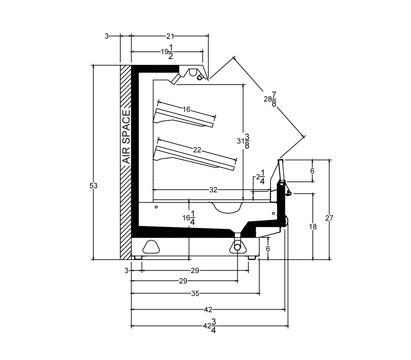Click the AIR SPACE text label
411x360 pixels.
pos(126,137)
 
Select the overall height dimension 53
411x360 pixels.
pos(94,186)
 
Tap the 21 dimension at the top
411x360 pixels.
pos(170,36)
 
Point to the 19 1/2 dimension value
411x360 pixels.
pos(167,52)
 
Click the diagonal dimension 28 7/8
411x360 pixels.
pos(270,99)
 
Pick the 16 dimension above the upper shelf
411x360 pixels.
pos(186,109)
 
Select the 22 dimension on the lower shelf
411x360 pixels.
pos(197,150)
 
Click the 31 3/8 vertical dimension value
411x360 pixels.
pos(243,141)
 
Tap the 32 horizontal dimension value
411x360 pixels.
pos(213,190)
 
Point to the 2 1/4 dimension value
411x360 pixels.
pos(261,177)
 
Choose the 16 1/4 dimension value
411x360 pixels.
pos(189,218)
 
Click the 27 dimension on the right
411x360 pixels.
pos(329,218)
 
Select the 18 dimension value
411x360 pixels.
pos(313,227)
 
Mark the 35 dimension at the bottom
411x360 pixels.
pos(195,293)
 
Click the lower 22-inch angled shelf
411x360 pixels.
pos(194,158)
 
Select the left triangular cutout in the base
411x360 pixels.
pos(151,247)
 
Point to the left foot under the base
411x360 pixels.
pos(138,257)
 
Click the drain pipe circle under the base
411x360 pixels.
pos(237,247)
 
